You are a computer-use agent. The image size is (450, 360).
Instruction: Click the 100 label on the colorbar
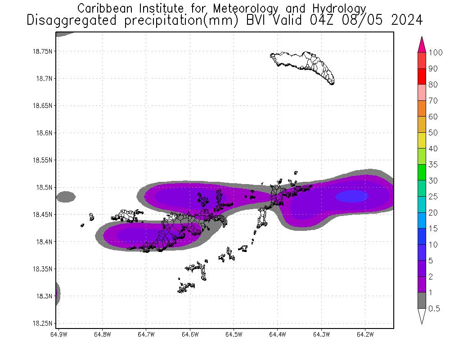coord(436,53)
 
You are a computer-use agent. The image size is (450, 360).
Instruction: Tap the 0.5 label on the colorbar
coord(434,308)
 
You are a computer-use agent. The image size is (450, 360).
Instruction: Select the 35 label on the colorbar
coord(433,165)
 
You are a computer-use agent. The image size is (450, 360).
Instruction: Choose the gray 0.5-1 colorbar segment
coord(422,300)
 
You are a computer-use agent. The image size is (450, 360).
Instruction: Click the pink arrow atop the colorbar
coord(422,45)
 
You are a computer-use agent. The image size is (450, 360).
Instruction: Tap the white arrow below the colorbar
coord(422,315)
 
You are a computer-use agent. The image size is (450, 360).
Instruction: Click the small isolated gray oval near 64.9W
coord(66,197)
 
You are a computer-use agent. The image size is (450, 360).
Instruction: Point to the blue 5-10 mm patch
coord(352,196)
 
